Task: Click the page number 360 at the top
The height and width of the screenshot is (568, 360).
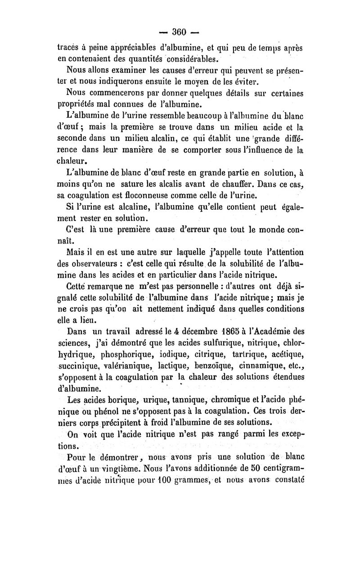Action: click(179, 32)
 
